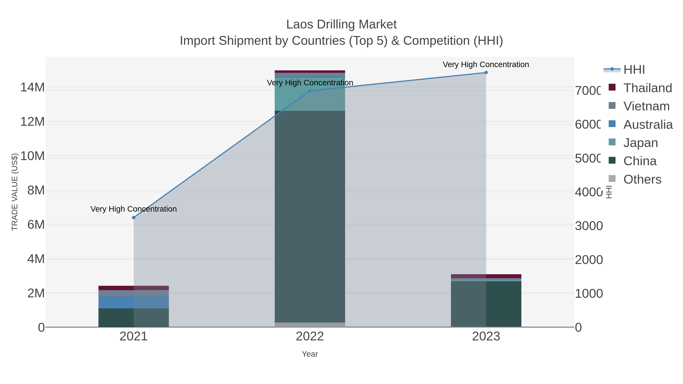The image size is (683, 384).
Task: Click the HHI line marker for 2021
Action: click(134, 218)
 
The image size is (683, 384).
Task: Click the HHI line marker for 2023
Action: click(486, 73)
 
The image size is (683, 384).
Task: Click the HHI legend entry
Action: click(634, 70)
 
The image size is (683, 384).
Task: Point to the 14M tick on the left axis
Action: click(32, 87)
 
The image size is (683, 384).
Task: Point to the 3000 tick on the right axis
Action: click(589, 226)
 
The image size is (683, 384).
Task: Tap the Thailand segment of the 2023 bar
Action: click(486, 276)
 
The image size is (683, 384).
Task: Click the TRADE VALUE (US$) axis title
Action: click(15, 192)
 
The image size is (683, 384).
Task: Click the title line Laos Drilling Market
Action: click(341, 24)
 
